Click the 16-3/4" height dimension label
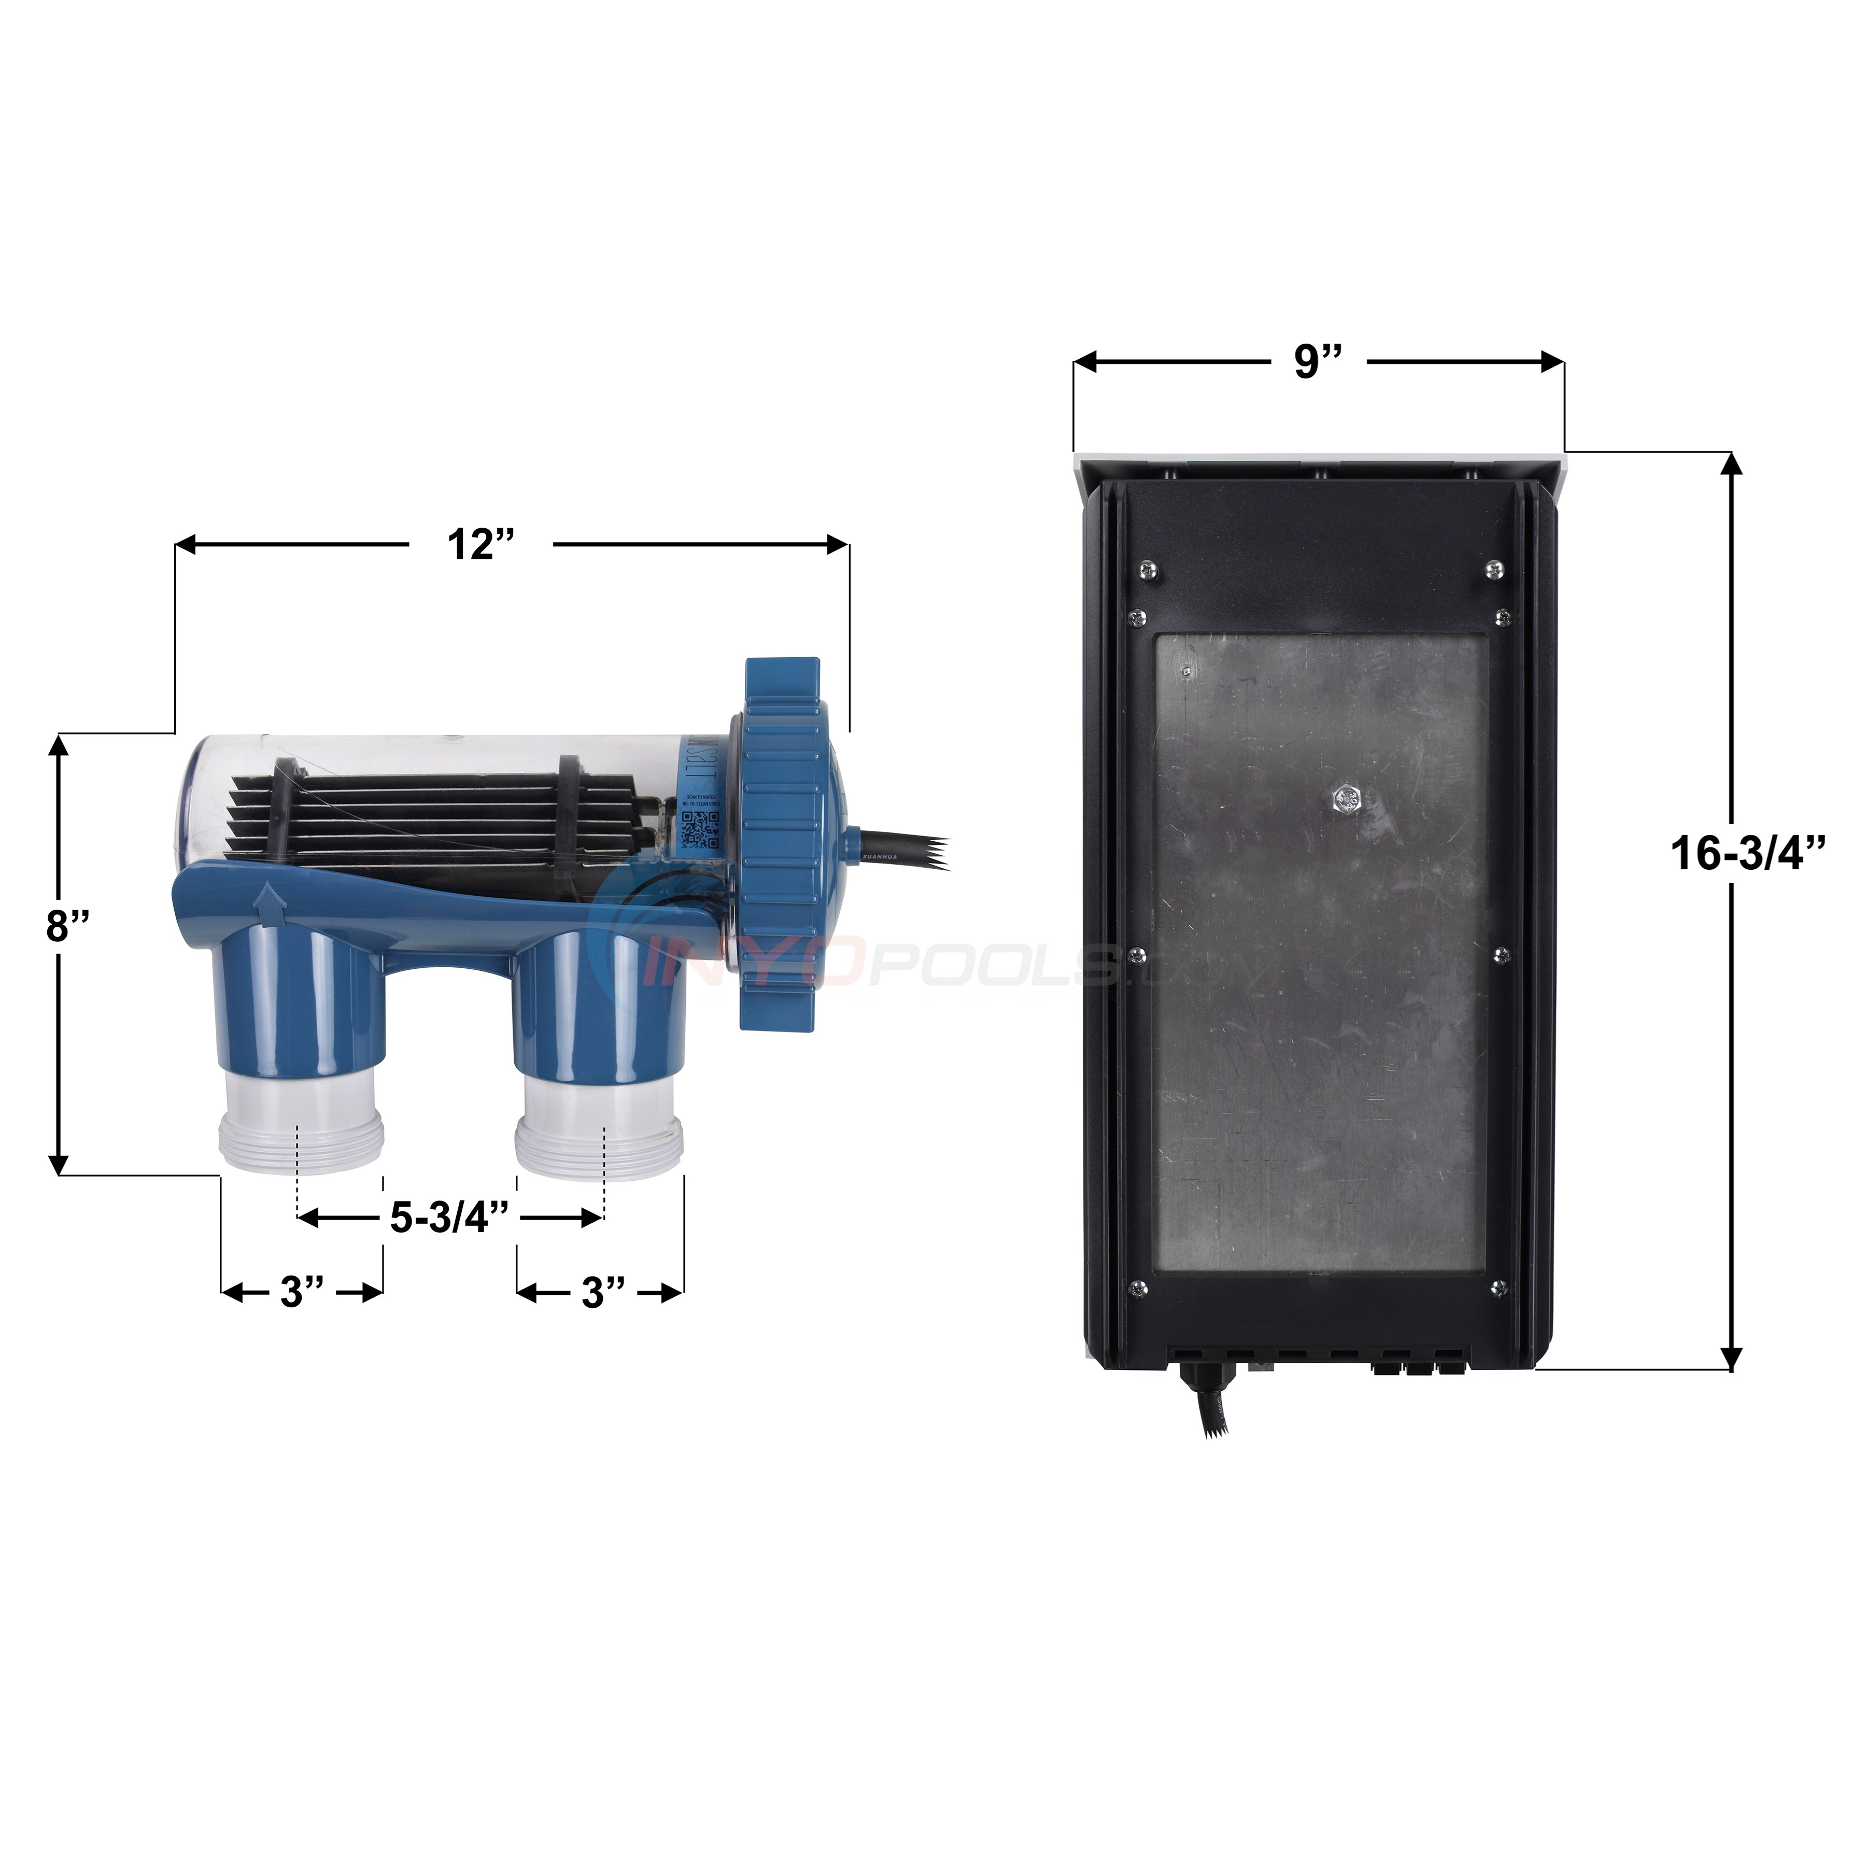point(1748,854)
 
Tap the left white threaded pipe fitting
point(301,1128)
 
